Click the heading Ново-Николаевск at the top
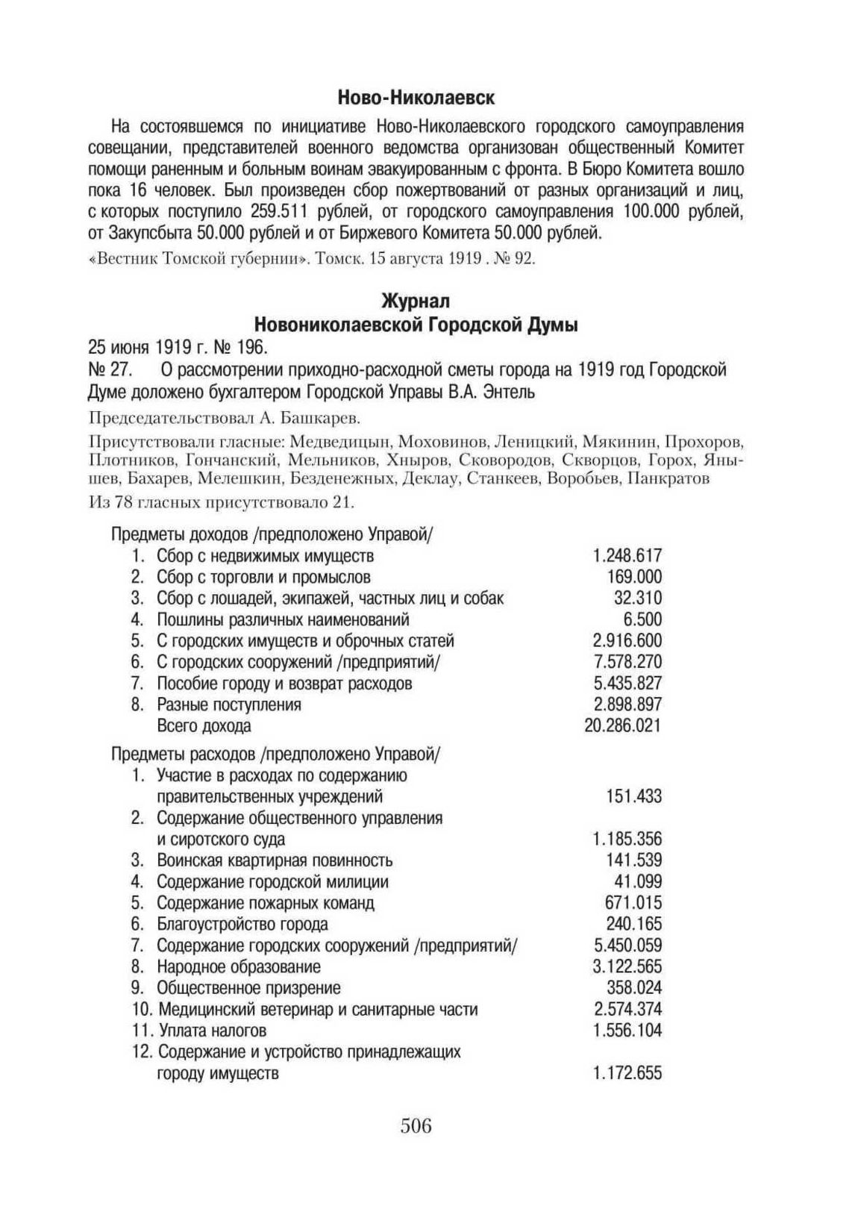pyautogui.click(x=416, y=98)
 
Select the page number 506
pyautogui.click(x=416, y=1125)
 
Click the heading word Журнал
pyautogui.click(x=416, y=301)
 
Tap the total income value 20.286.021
pyautogui.click(x=622, y=725)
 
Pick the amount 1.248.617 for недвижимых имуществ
pyautogui.click(x=627, y=556)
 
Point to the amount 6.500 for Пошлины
pyautogui.click(x=642, y=619)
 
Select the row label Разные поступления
pyautogui.click(x=229, y=704)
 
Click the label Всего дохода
pyautogui.click(x=204, y=725)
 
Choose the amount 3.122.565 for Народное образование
pyautogui.click(x=627, y=966)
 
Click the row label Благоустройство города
pyautogui.click(x=242, y=924)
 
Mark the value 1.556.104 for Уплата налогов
pyautogui.click(x=627, y=1031)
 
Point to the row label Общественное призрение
pyautogui.click(x=248, y=988)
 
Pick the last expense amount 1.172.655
pyautogui.click(x=627, y=1073)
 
